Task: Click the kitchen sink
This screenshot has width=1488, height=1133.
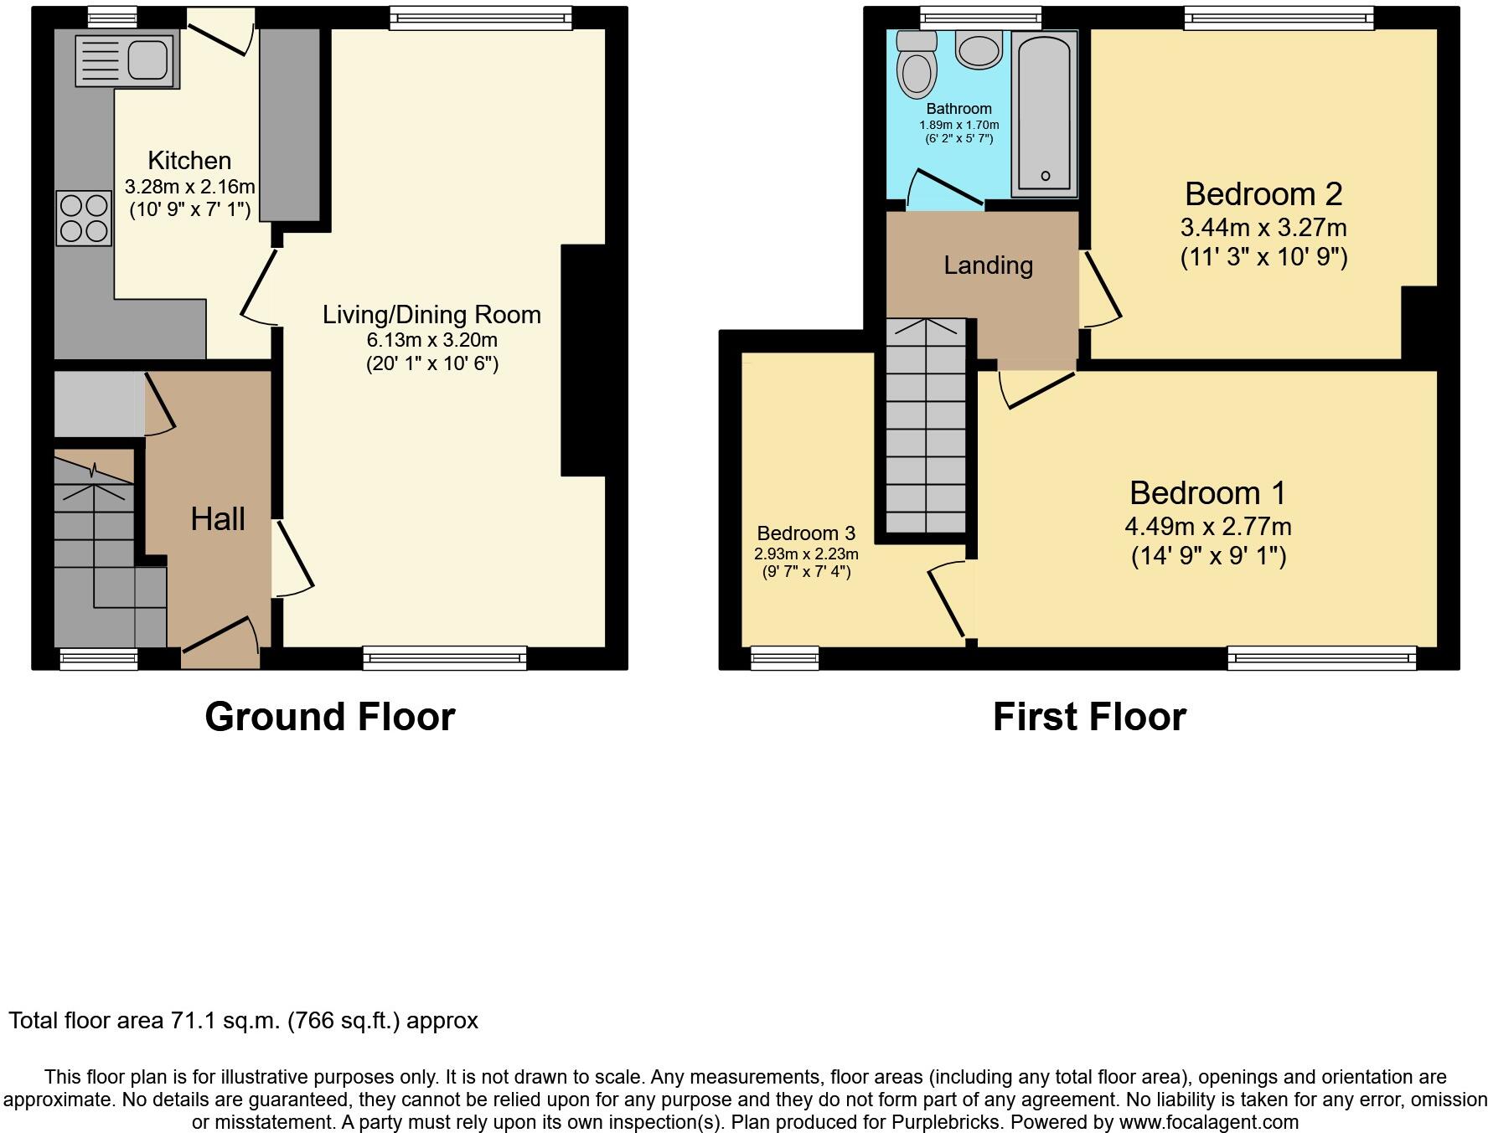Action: point(127,59)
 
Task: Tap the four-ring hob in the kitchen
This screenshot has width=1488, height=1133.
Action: point(84,218)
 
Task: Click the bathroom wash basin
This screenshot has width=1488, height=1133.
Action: point(979,49)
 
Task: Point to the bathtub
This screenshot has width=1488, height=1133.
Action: point(1044,114)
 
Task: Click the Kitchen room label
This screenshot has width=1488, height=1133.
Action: point(189,160)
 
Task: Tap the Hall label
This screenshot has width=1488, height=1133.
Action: point(218,518)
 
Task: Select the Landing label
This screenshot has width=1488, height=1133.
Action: point(988,265)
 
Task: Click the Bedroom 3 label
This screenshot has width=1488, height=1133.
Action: point(806,533)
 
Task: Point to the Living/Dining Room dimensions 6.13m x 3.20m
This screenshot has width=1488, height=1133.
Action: point(432,340)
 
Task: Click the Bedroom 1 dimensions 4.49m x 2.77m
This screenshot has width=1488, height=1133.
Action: point(1208,527)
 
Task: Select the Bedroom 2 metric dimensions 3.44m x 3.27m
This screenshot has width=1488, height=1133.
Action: point(1263,227)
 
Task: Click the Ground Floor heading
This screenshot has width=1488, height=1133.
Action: point(330,717)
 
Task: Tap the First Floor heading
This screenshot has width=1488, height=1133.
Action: point(1089,717)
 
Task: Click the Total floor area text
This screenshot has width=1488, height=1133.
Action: point(243,1021)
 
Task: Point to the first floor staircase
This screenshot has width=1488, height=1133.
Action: point(926,425)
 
